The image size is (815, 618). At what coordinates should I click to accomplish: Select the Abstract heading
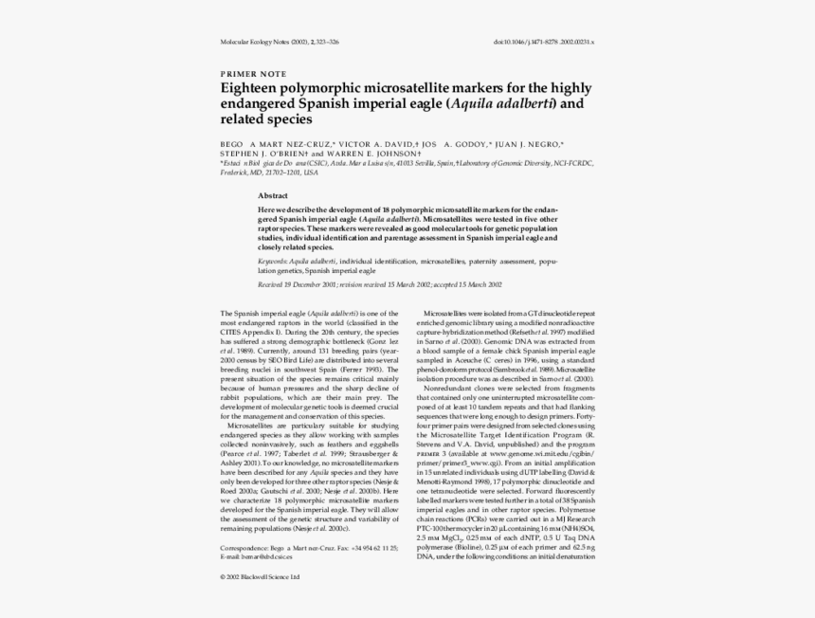coord(273,194)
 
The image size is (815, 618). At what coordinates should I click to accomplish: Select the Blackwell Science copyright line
coord(260,576)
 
